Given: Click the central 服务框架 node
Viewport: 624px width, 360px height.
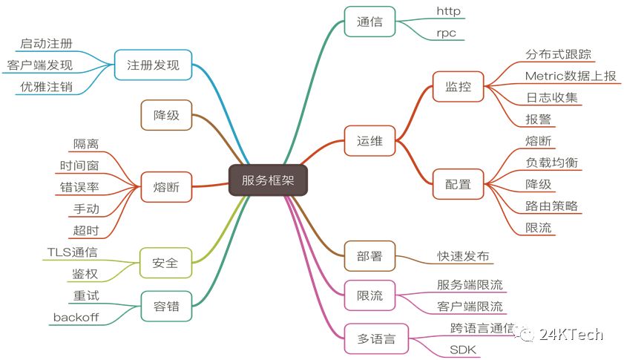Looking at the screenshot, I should [x=267, y=180].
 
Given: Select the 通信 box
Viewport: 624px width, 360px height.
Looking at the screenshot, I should [x=370, y=22].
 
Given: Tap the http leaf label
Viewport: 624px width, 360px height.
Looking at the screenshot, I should [x=449, y=10].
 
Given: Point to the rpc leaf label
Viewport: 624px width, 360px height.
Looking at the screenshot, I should [x=447, y=33].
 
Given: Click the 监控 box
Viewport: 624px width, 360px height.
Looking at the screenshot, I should [x=459, y=86].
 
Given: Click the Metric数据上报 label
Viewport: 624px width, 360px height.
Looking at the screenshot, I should [x=570, y=76].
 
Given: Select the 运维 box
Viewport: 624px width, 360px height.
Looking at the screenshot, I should [x=370, y=140].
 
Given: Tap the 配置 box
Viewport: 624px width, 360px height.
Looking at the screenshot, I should [x=459, y=183].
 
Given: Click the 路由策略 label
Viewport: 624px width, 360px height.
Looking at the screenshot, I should [x=551, y=206].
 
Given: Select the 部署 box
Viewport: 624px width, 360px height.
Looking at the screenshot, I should [x=370, y=255].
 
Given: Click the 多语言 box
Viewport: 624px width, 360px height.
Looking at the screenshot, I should [x=376, y=339].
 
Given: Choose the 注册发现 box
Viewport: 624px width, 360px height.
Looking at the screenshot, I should [x=153, y=65].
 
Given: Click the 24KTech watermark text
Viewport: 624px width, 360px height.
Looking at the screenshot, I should [x=572, y=335].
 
